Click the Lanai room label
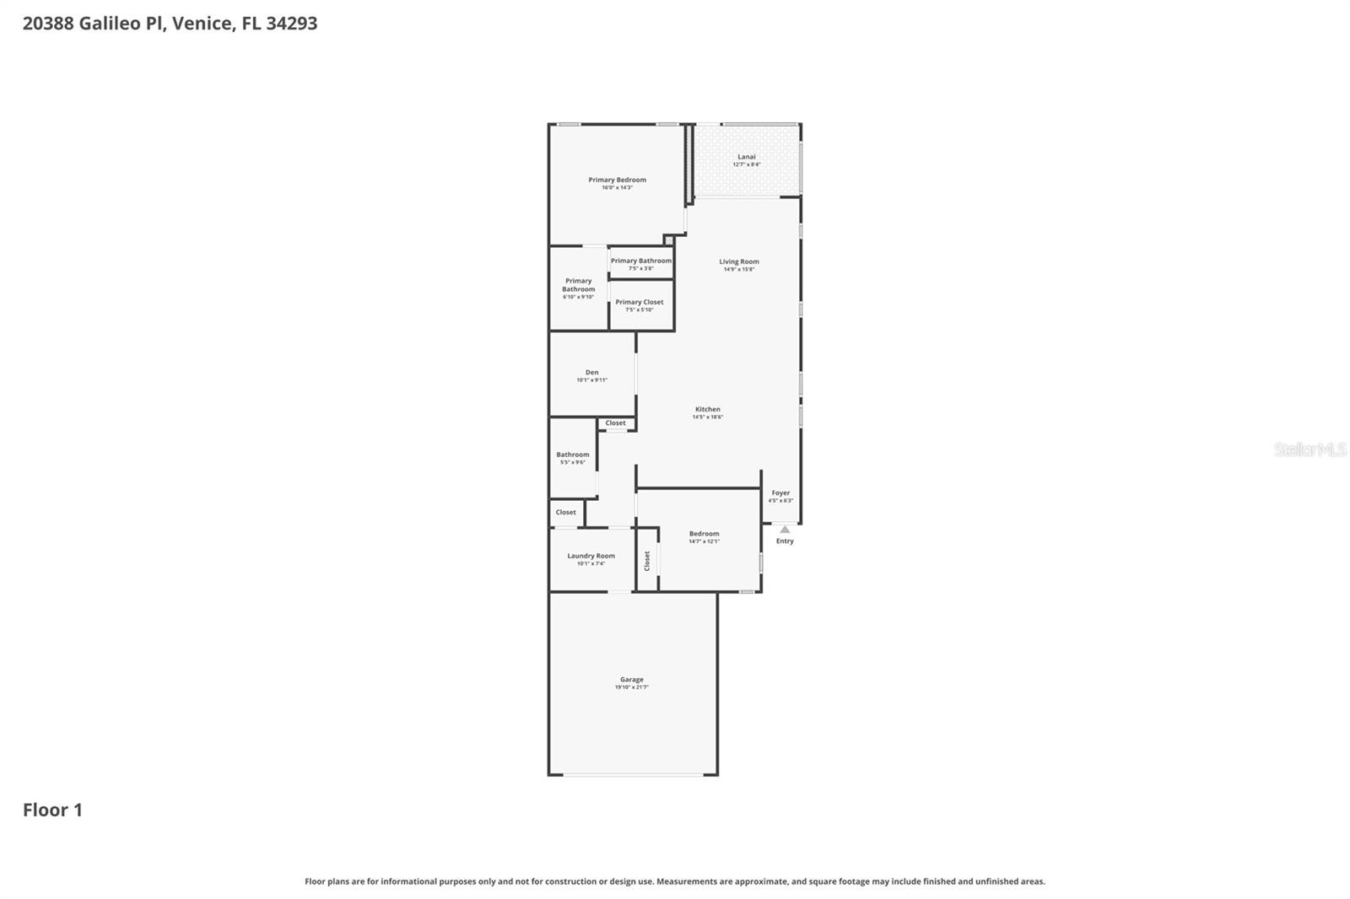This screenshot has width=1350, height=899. (747, 157)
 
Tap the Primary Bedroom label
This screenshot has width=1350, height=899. (617, 180)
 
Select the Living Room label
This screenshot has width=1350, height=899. (739, 261)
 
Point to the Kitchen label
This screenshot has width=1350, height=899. (708, 409)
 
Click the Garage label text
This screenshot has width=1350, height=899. (632, 679)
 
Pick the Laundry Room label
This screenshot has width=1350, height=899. (591, 556)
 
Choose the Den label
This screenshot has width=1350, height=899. (591, 372)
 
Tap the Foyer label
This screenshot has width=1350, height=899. (780, 493)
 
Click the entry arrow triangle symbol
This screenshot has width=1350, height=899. (785, 530)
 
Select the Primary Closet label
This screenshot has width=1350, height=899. (640, 302)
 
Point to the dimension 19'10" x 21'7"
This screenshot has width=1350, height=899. (632, 687)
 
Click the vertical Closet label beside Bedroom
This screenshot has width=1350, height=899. (647, 561)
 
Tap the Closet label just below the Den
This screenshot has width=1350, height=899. (616, 423)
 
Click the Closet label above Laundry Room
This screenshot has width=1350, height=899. (565, 512)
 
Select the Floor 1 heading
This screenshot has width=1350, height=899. (52, 810)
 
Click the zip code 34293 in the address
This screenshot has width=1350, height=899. (291, 24)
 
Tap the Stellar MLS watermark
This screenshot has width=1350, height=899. (1309, 449)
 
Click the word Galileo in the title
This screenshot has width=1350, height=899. (110, 24)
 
